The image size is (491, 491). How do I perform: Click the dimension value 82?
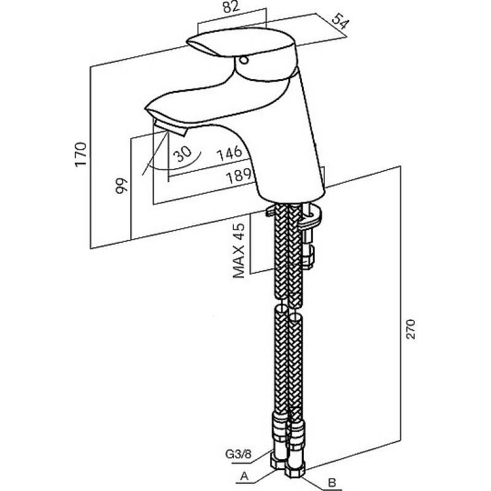(x=231, y=7)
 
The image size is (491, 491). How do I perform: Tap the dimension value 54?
(x=339, y=21)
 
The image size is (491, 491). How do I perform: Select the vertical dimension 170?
(x=81, y=155)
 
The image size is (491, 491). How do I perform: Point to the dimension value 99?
(x=122, y=186)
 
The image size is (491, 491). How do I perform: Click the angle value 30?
(x=182, y=154)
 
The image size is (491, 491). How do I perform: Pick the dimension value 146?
(x=230, y=153)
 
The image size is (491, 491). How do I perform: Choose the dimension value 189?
(x=239, y=176)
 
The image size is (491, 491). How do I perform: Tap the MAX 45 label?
(x=239, y=250)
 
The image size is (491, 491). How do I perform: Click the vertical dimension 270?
(x=410, y=329)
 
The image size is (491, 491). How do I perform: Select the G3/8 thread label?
(x=238, y=454)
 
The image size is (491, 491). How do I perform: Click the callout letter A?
(x=244, y=476)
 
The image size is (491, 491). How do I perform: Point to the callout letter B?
(x=332, y=482)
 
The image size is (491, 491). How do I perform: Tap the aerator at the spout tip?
(x=170, y=128)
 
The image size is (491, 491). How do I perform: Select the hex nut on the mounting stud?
(x=309, y=257)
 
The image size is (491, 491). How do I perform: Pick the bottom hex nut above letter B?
(x=295, y=470)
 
